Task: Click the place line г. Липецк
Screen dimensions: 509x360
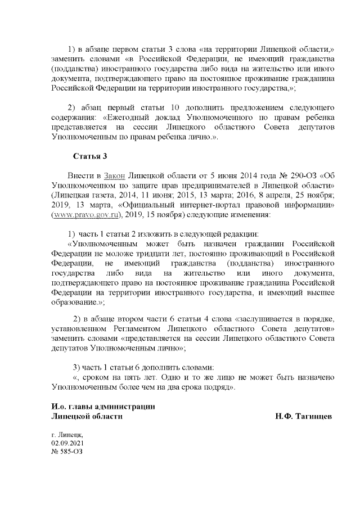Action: click(x=67, y=434)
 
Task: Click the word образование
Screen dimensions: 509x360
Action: click(x=75, y=302)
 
